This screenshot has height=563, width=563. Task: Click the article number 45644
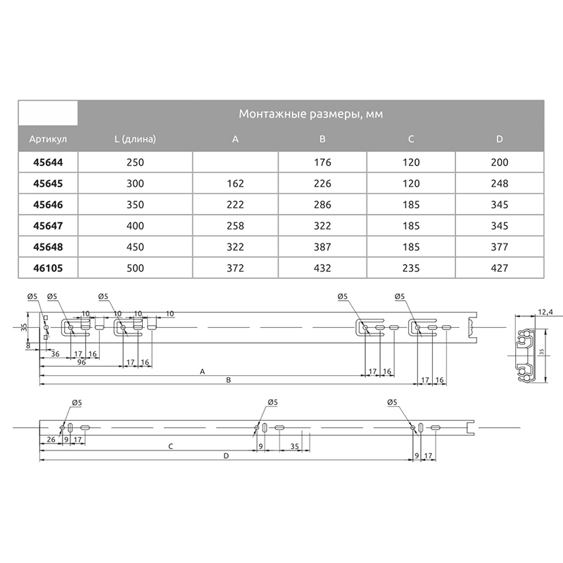tap(48, 163)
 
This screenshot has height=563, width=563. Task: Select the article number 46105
tap(48, 268)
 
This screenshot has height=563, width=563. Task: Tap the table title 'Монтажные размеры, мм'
tap(311, 114)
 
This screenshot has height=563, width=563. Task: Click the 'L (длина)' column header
tap(135, 139)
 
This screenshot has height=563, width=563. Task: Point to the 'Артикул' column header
tap(48, 139)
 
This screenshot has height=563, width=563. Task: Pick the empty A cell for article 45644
tap(235, 162)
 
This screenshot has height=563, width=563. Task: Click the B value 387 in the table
tap(322, 247)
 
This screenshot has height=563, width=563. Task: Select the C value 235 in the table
tap(411, 268)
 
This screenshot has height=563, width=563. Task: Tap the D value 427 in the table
tap(500, 268)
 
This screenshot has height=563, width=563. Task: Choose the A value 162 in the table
tap(235, 184)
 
